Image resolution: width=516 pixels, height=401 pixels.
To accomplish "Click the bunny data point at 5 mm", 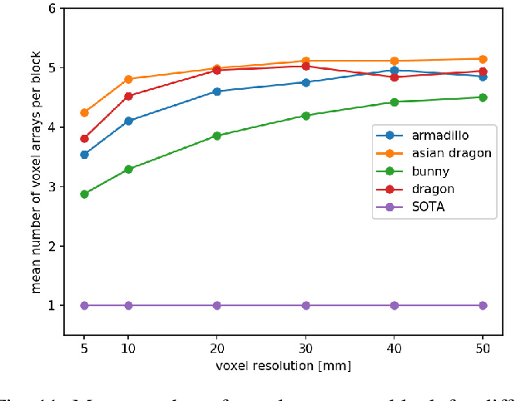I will point(84,194).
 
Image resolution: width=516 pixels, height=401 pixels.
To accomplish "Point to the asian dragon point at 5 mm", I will point(84,112).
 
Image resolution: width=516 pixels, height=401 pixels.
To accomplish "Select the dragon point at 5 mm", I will point(84,138).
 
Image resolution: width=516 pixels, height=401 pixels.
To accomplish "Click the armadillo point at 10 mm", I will point(128,121).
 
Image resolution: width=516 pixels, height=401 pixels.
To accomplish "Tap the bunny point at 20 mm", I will point(216,136).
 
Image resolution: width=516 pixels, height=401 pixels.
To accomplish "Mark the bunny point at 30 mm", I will point(305,116).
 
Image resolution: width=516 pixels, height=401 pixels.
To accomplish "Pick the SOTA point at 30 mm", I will point(305,305).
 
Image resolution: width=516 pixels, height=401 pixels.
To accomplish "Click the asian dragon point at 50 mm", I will point(483,59).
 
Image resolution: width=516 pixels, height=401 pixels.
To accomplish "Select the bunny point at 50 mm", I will point(483,97).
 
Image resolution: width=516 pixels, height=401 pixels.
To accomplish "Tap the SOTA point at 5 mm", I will point(84,305).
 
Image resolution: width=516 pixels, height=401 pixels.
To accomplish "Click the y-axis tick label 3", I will point(52,187).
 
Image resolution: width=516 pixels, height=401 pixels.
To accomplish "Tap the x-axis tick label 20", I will point(216,348).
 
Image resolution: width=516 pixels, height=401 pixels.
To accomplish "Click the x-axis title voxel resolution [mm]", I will point(283,364).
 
